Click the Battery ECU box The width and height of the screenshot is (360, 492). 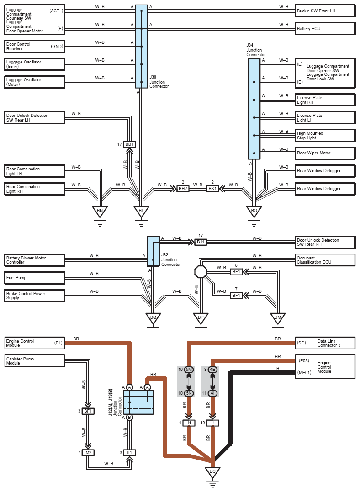tap(325, 28)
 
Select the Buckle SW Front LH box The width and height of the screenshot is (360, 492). tap(325, 11)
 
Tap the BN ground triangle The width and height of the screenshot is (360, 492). tap(99, 212)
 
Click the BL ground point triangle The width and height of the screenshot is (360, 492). tap(141, 212)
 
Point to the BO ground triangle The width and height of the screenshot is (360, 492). tap(254, 212)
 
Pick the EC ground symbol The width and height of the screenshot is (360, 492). tap(212, 472)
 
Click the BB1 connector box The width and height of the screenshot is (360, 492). tap(130, 144)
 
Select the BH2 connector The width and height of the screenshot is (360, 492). tap(183, 189)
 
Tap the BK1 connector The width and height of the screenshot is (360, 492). tap(212, 189)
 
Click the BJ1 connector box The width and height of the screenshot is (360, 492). tap(201, 242)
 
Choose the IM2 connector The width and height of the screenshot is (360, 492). tap(88, 452)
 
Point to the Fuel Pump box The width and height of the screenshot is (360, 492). tap(34, 277)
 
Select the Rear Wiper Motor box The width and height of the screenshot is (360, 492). tap(325, 153)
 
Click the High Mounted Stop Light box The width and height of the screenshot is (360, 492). tap(325, 135)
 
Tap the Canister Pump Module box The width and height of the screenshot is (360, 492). tap(34, 361)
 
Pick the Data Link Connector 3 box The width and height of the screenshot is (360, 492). tap(325, 343)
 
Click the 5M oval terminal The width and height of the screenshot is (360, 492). tap(189, 370)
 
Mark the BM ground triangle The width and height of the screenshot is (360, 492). tap(278, 318)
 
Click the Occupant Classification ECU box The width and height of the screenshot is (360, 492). tap(325, 260)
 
